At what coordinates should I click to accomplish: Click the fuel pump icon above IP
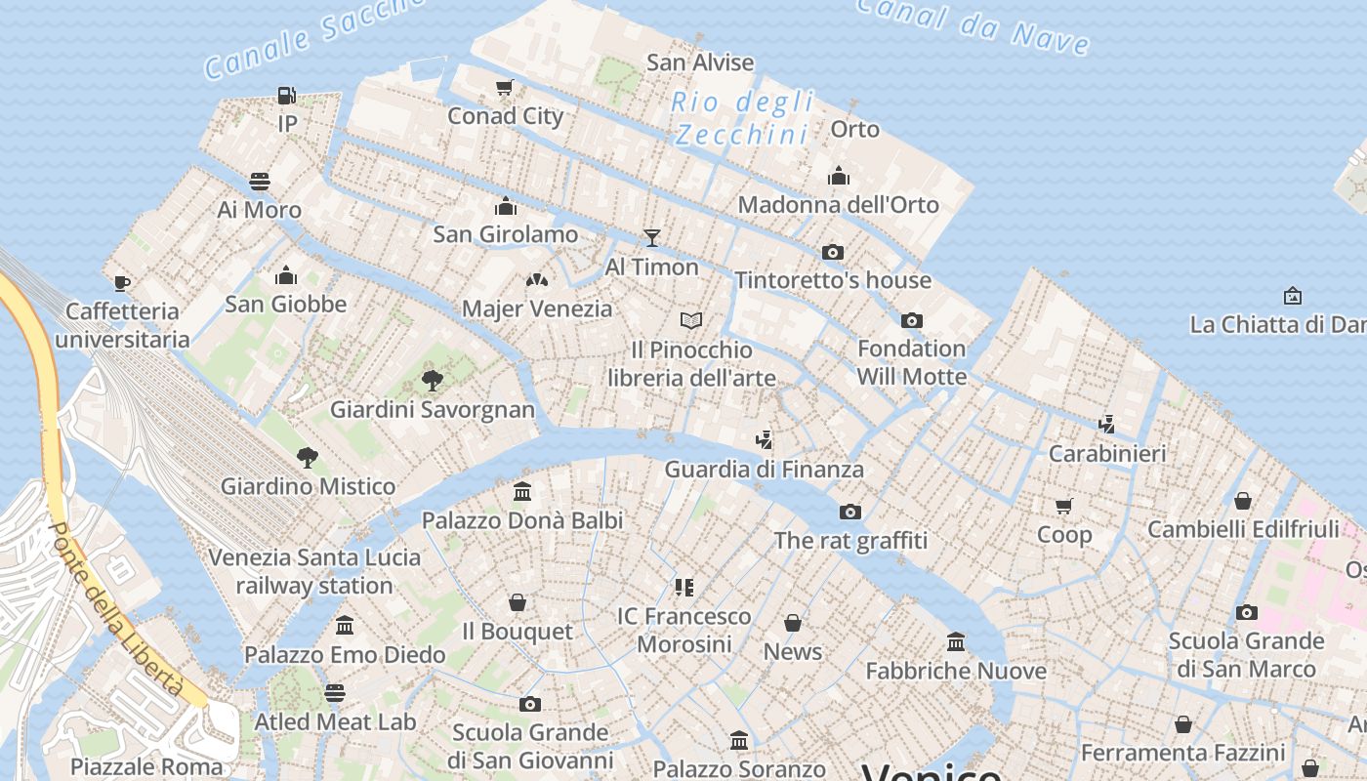286,96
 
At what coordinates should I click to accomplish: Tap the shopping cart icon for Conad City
505,88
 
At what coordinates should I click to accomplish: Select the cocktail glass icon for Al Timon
652,238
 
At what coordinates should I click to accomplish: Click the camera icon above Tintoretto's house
833,252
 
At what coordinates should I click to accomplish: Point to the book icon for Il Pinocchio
691,320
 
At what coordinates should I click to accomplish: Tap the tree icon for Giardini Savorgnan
432,381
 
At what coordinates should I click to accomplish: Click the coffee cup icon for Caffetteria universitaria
122,283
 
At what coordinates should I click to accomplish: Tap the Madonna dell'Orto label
838,205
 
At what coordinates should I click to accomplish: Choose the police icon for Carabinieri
1106,425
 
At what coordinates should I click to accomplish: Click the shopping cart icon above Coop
1064,506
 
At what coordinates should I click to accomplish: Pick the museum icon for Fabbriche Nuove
956,642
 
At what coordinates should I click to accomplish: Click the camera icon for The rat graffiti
850,512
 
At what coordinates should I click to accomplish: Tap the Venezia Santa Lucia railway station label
314,571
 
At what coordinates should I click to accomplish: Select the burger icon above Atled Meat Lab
335,693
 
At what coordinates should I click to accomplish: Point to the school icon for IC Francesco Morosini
683,587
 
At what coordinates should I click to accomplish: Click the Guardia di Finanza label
764,470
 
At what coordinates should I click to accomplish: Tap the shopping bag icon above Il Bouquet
518,602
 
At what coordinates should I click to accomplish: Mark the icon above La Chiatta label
1293,295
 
